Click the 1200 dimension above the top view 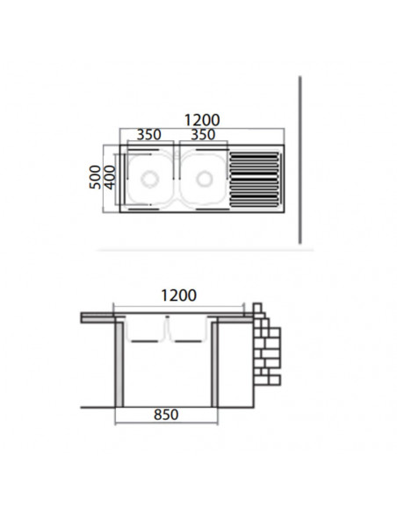click(201, 119)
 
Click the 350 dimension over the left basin click(148, 135)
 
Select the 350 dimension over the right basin click(203, 135)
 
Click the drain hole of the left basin click(150, 180)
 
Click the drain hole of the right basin click(206, 180)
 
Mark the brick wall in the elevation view click(266, 349)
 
